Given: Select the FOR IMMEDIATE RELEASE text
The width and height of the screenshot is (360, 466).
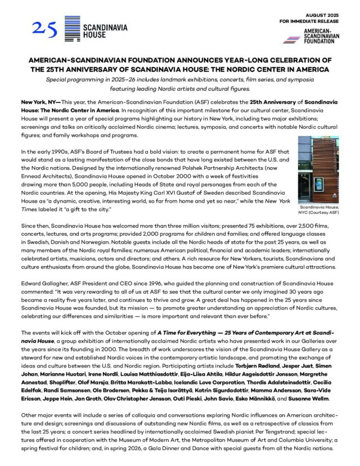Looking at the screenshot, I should coord(309,21).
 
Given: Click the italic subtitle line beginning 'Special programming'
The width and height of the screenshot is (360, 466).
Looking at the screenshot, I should coord(180,80).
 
